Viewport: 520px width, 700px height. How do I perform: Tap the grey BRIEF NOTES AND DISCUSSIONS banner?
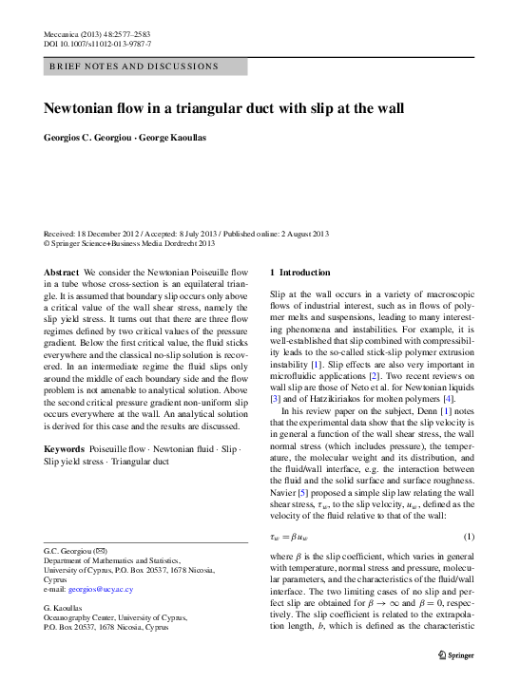145,66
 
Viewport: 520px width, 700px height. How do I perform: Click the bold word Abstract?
62,273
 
